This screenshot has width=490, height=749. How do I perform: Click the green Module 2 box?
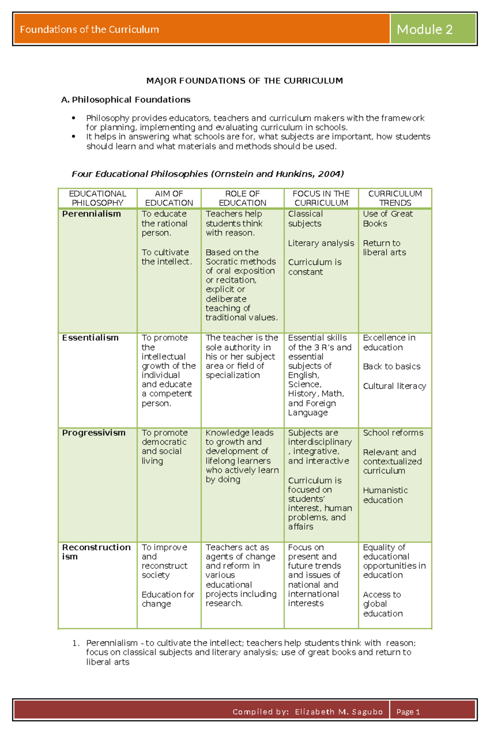(433, 29)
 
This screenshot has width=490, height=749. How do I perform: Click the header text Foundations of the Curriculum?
(89, 29)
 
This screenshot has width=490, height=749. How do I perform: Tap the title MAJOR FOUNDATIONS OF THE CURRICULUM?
(245, 81)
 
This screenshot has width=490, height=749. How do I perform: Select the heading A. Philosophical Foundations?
(126, 100)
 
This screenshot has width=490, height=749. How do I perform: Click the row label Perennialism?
(91, 214)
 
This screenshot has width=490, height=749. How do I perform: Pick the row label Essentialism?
(90, 338)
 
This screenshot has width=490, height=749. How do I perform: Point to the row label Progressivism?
(94, 433)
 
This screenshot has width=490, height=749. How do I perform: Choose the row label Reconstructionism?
(96, 551)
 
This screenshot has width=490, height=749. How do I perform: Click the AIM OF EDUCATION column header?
(169, 198)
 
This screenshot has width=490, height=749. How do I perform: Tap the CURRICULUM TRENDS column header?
(395, 198)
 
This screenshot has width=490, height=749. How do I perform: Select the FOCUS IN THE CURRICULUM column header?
(321, 198)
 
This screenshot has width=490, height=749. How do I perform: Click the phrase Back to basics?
(392, 367)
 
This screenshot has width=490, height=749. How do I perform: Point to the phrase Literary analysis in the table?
(321, 243)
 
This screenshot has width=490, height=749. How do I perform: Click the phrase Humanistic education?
(385, 495)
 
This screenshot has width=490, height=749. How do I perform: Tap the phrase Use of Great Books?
(388, 218)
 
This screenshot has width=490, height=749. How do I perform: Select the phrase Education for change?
(167, 599)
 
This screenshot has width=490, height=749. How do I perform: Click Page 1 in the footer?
(408, 712)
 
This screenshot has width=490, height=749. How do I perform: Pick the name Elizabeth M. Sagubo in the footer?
(339, 712)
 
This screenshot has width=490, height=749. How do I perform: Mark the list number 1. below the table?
(76, 643)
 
